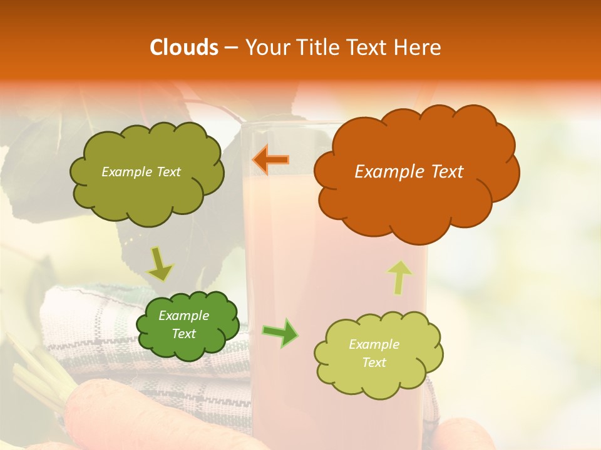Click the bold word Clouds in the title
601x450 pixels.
click(x=183, y=47)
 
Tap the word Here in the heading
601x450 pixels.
click(x=418, y=47)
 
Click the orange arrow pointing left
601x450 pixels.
click(x=270, y=159)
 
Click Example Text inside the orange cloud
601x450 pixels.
click(x=409, y=171)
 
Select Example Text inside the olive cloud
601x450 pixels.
click(x=141, y=172)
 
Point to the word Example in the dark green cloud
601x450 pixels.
click(x=183, y=316)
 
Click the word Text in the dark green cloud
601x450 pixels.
click(x=183, y=334)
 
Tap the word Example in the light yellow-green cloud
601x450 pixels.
click(x=374, y=344)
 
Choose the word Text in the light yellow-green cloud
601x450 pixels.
click(x=374, y=362)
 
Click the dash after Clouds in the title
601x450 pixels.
click(x=230, y=47)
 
